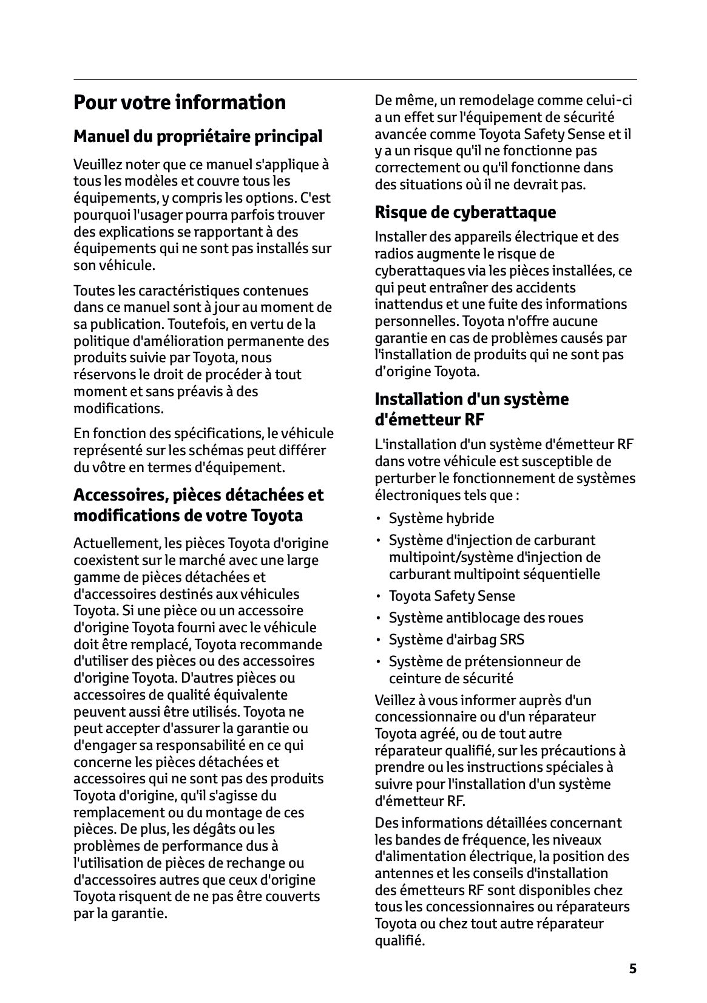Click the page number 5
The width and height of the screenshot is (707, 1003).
coord(632,968)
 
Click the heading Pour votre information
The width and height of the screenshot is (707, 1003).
coord(180,103)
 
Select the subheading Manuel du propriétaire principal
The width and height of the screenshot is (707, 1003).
coord(198,137)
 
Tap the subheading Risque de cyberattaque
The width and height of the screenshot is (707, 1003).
coord(465,212)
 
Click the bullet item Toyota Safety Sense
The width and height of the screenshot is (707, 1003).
coord(452,596)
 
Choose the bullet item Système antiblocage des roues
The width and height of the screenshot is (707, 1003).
coord(485,618)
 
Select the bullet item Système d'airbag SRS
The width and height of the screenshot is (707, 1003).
coord(456,640)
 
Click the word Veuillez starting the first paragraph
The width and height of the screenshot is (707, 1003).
coord(97,164)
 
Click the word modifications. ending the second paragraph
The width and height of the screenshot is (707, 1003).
coord(118,408)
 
